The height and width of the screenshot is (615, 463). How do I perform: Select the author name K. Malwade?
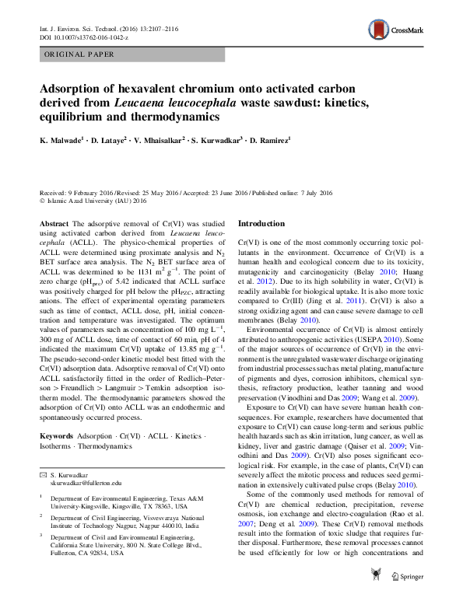62,140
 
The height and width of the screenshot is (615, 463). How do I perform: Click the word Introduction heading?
263,223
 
